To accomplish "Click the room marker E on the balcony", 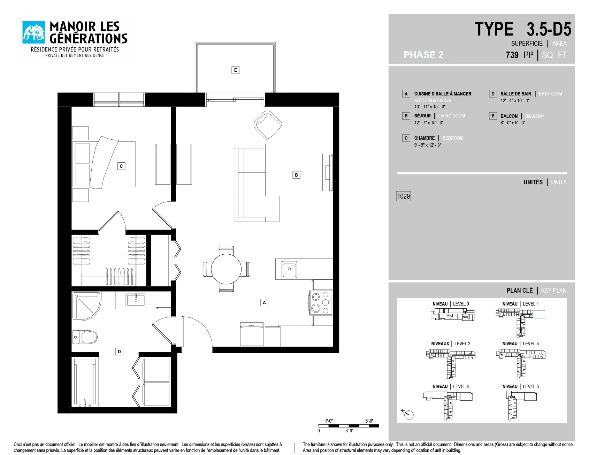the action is (x=235, y=70).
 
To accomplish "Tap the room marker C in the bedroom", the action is (x=121, y=166).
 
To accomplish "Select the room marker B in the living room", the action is (x=296, y=175).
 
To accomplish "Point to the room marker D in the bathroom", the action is (x=119, y=352).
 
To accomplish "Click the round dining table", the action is (x=226, y=269).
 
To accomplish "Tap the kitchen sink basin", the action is (x=289, y=269).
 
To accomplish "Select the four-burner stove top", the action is (x=321, y=302).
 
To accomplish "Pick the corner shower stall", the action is (x=86, y=306).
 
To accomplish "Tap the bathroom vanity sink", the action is (x=136, y=300).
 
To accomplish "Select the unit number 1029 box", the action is (x=404, y=196).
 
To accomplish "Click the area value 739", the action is (x=512, y=55).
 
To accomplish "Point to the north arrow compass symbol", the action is (x=408, y=414).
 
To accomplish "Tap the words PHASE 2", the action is (x=423, y=55).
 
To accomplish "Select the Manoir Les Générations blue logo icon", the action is (x=34, y=32).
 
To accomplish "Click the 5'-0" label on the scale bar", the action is (x=369, y=421).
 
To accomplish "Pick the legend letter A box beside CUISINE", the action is (x=406, y=94).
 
